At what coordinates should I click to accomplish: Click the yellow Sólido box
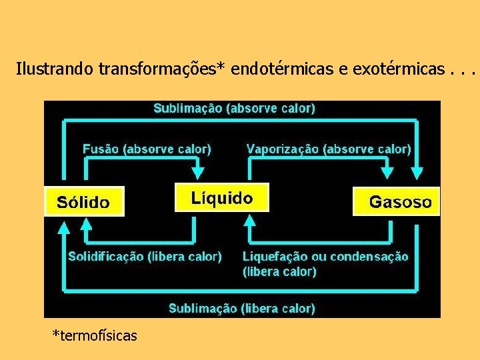(84, 201)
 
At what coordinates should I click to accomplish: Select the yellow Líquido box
(222, 198)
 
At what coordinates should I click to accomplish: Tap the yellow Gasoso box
(397, 201)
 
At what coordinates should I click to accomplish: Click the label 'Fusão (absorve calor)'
(147, 149)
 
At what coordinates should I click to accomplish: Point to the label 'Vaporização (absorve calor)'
(329, 149)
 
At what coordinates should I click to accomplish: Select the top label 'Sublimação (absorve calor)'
(235, 108)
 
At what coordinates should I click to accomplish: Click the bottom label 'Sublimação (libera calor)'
(241, 308)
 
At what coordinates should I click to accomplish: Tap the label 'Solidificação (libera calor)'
(145, 256)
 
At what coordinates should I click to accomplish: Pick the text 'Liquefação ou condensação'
(325, 257)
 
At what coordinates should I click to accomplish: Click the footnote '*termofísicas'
(95, 335)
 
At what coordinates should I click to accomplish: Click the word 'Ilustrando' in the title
(55, 69)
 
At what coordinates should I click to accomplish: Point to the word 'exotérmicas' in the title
(387, 69)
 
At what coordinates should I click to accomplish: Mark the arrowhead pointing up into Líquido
(249, 220)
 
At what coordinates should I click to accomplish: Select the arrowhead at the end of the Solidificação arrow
(86, 224)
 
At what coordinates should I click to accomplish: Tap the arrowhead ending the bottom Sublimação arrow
(63, 229)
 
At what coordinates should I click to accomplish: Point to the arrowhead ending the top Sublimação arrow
(418, 173)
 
